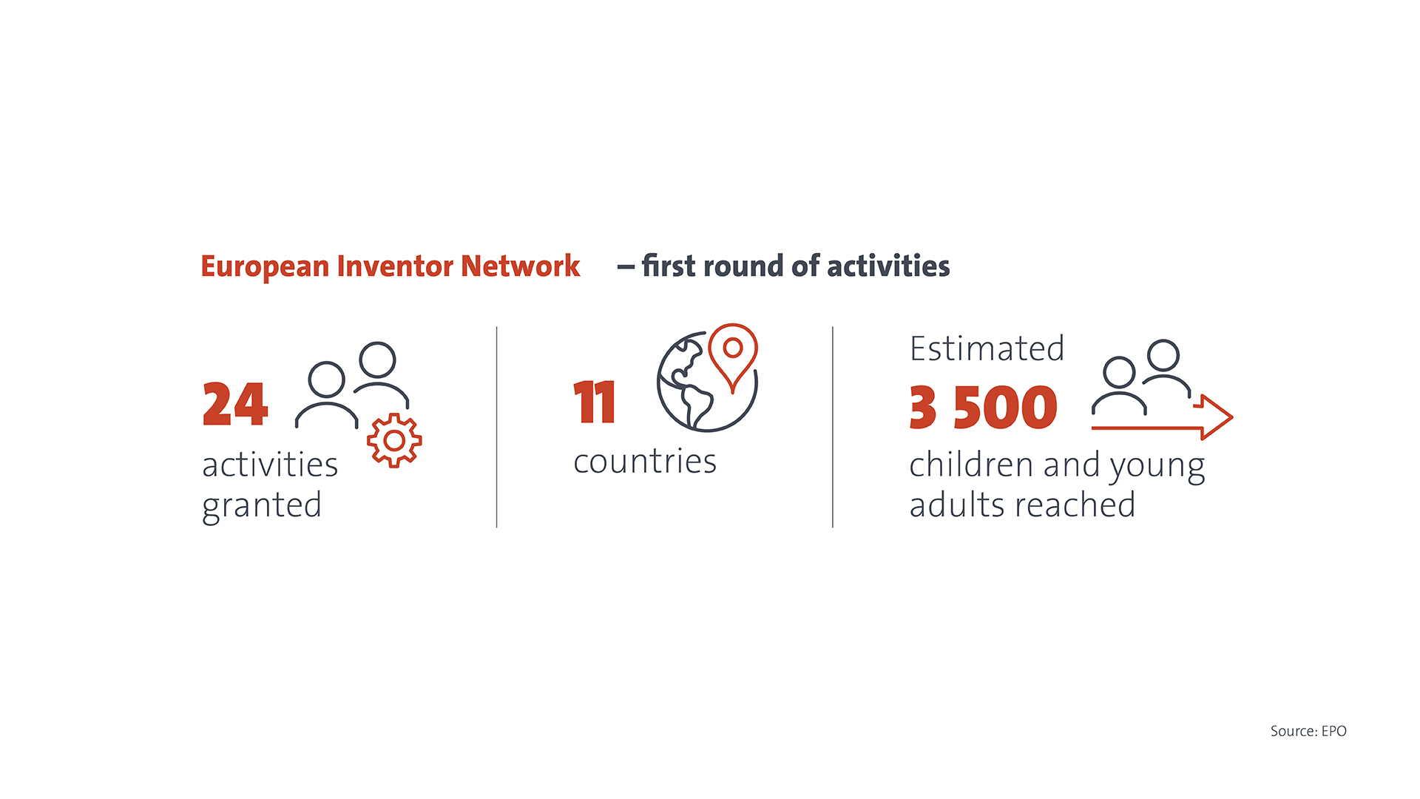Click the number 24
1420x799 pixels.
(x=235, y=404)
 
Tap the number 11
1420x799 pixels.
(x=595, y=402)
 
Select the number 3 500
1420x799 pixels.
(x=984, y=407)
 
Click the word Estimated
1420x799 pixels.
(x=987, y=348)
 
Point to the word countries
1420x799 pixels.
(x=645, y=462)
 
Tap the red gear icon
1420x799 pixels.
(x=394, y=441)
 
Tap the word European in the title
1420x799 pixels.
(x=265, y=267)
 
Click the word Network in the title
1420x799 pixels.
(x=521, y=266)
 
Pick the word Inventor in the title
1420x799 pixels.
(x=395, y=266)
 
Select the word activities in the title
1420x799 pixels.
(x=888, y=266)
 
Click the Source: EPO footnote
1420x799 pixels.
(x=1308, y=731)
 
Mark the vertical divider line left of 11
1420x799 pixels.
(x=497, y=427)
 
